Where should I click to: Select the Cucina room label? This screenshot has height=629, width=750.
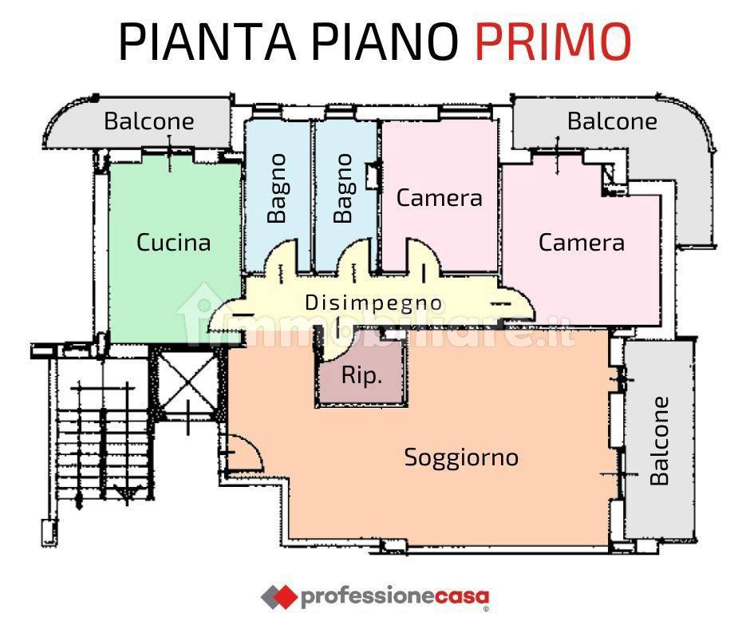[174, 242]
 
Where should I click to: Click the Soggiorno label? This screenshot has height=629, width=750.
[462, 457]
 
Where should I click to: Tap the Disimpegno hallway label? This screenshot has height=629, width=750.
[373, 303]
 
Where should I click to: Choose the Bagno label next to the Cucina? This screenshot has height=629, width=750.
[277, 188]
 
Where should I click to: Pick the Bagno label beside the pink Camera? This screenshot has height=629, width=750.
[343, 188]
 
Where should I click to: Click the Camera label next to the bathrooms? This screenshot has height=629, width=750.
[439, 198]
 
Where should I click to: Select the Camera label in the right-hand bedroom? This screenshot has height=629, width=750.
[582, 242]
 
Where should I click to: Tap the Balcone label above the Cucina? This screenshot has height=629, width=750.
[149, 121]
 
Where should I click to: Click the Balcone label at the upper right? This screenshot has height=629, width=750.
[612, 121]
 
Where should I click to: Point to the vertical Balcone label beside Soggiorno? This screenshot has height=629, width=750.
[659, 441]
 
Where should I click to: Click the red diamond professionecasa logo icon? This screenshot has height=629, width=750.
[279, 596]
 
